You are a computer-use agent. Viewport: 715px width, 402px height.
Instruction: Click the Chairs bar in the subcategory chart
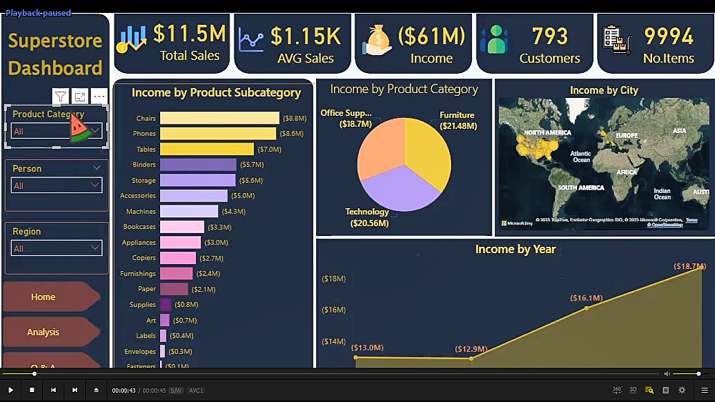pyautogui.click(x=219, y=118)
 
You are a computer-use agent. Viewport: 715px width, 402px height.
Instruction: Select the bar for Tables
pyautogui.click(x=207, y=149)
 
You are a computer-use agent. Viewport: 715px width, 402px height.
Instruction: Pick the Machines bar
pyautogui.click(x=189, y=212)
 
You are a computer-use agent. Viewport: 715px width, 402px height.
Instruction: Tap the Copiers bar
pyautogui.click(x=177, y=258)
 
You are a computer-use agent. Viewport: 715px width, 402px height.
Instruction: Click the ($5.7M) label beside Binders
pyautogui.click(x=252, y=165)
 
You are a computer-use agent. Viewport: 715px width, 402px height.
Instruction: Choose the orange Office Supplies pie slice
pyautogui.click(x=379, y=147)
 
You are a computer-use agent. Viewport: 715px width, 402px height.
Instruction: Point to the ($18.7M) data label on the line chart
pyautogui.click(x=689, y=267)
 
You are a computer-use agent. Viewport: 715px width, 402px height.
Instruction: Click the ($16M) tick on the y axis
pyautogui.click(x=334, y=310)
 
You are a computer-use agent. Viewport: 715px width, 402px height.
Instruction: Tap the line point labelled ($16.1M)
pyautogui.click(x=586, y=308)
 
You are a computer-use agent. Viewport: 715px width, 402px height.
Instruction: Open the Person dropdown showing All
pyautogui.click(x=56, y=185)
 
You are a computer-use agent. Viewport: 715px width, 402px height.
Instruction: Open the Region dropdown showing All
pyautogui.click(x=56, y=248)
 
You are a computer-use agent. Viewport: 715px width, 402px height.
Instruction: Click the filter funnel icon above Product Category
pyautogui.click(x=61, y=97)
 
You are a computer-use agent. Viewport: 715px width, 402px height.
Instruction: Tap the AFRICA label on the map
pyautogui.click(x=626, y=172)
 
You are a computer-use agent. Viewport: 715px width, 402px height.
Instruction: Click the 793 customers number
pyautogui.click(x=549, y=36)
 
